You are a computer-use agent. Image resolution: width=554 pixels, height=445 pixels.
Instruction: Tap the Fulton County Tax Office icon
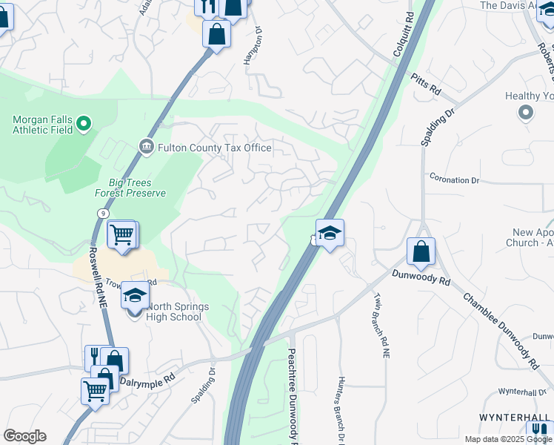point(146,147)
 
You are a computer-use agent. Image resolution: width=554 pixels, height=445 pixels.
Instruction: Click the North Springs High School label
point(175,311)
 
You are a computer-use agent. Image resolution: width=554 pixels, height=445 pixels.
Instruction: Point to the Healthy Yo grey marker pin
point(526,113)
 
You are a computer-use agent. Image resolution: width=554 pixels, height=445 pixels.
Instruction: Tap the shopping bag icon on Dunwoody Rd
point(421,252)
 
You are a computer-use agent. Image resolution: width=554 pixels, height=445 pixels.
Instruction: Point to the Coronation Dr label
point(454,180)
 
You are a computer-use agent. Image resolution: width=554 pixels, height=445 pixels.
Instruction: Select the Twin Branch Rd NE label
point(378,323)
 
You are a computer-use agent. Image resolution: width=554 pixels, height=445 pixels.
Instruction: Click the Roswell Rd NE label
point(100,283)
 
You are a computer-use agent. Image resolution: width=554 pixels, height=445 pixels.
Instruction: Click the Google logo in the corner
point(24,436)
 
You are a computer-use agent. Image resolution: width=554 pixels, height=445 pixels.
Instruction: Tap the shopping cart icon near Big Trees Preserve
point(121,235)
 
